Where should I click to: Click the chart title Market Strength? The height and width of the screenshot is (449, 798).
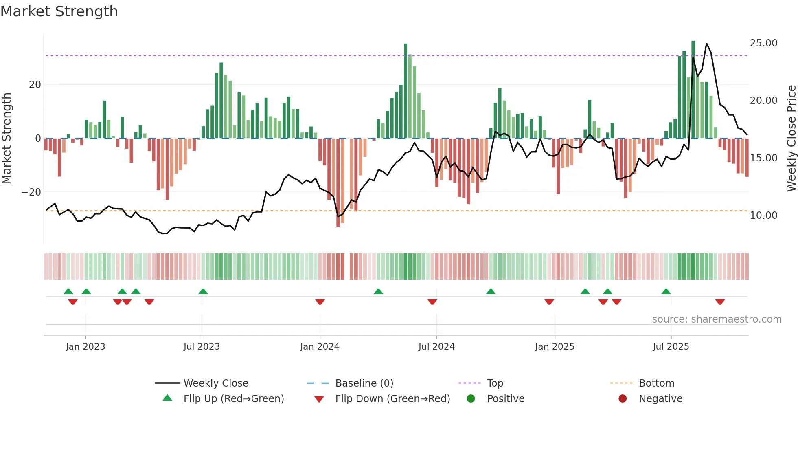59,11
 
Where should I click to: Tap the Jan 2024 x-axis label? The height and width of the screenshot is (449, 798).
320,346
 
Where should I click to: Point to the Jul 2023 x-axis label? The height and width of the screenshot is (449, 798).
202,346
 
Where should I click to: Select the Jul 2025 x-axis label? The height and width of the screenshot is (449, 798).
671,346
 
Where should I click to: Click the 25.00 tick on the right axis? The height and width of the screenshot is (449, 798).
763,43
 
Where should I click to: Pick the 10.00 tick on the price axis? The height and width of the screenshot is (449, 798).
763,216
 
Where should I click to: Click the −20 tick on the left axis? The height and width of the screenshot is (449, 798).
31,192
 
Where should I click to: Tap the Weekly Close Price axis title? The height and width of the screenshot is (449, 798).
791,139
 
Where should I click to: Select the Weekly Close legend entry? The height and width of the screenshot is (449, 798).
215,383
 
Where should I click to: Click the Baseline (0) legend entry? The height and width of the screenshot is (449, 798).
364,383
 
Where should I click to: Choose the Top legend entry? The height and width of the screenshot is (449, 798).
495,383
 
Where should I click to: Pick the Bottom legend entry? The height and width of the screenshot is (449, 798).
656,383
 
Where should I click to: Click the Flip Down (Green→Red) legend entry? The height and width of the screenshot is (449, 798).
392,398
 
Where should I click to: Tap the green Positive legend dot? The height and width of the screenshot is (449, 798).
471,398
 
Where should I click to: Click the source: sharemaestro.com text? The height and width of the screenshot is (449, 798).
717,319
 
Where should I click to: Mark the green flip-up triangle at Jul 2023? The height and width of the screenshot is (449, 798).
203,291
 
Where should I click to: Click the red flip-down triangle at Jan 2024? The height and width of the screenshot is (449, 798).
320,302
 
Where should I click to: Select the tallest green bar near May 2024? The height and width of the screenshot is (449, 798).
406,90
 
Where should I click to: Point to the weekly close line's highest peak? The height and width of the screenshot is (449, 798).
706,44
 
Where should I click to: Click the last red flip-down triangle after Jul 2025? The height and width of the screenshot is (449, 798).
720,302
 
